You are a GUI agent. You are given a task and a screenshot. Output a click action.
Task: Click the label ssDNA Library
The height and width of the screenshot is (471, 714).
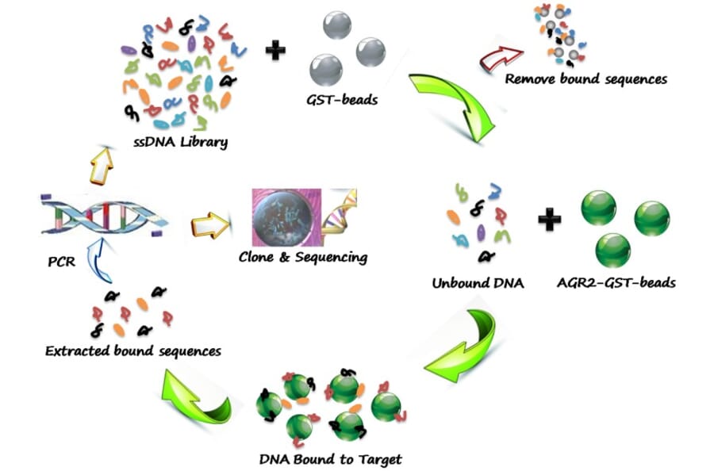click(181, 143)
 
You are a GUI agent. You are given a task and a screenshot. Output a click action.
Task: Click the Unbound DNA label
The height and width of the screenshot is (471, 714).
click(478, 283)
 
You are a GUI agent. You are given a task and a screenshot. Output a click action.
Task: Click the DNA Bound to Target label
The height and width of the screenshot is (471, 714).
click(330, 458)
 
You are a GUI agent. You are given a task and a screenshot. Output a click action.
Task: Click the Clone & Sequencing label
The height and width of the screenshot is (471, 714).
click(303, 258)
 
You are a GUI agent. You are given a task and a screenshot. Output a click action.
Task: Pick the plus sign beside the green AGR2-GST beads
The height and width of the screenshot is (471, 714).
click(549, 219)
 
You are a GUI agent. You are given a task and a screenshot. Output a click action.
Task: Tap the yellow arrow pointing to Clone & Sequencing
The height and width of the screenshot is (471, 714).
click(209, 225)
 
